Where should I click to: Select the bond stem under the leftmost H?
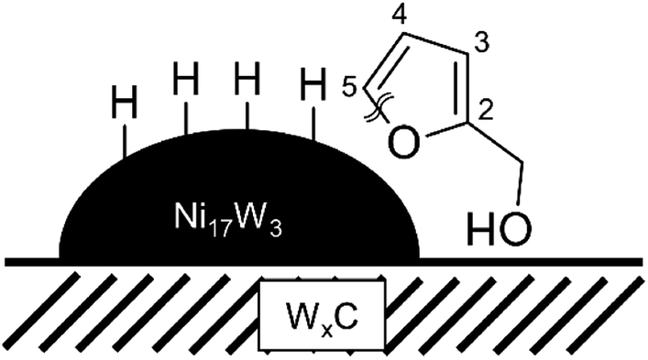126,137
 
